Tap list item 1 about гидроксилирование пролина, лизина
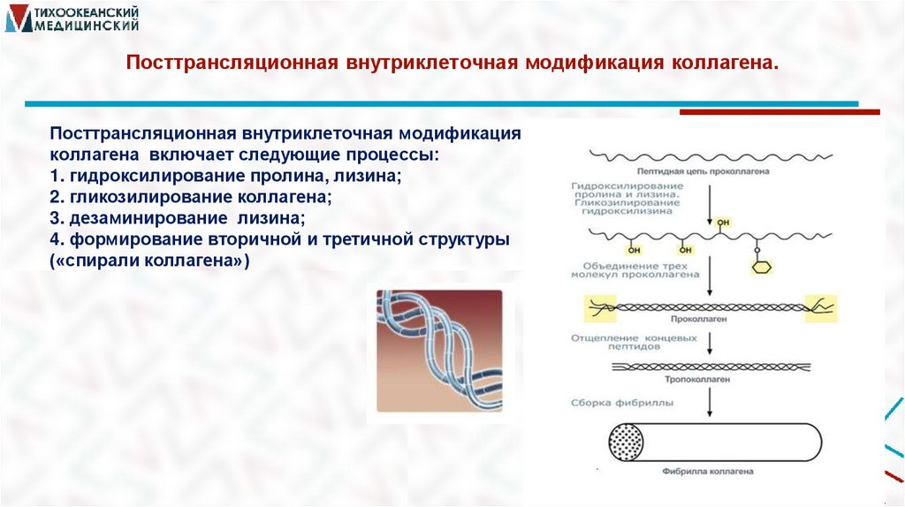pos(225,176)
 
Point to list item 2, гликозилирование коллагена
pos(191,196)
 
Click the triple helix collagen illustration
pos(439,351)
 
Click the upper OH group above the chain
pos(724,222)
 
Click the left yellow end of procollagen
pos(603,307)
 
